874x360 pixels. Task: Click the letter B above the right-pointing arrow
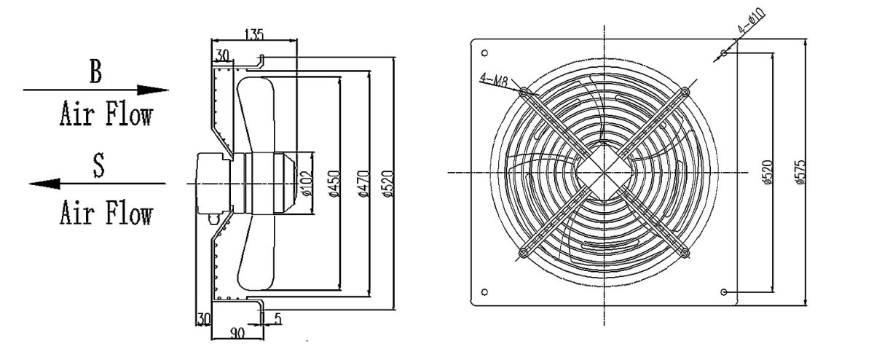[x=95, y=73]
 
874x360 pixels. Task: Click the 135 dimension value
[x=254, y=34]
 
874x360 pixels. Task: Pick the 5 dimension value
[x=278, y=318]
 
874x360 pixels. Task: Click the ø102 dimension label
[x=306, y=187]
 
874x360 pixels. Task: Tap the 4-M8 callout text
[x=493, y=79]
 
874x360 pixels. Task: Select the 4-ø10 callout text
[x=750, y=21]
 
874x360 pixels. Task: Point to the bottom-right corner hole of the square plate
[x=723, y=291]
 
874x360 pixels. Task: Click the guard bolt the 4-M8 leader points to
[x=524, y=91]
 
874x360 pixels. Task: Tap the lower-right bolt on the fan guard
[x=685, y=253]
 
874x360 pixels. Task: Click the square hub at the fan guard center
[x=604, y=172]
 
